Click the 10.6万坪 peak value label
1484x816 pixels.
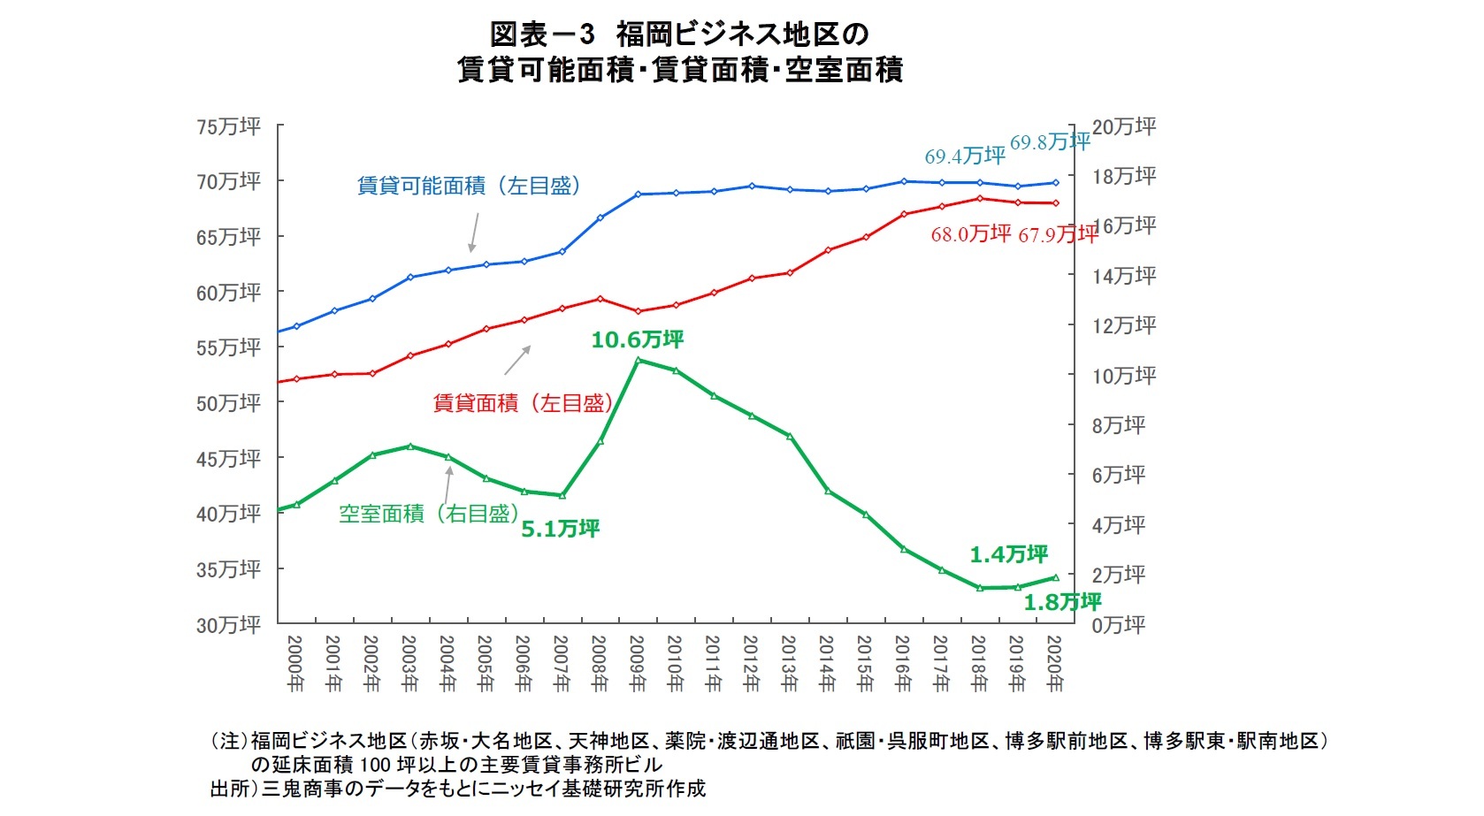(x=637, y=339)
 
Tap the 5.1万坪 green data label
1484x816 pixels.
(x=560, y=529)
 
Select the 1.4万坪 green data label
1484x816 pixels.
(x=1008, y=554)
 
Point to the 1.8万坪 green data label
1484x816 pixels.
(x=1061, y=602)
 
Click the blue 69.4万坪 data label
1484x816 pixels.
(x=965, y=156)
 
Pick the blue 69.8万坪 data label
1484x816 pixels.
(x=1050, y=142)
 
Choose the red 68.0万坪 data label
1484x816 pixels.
(x=970, y=234)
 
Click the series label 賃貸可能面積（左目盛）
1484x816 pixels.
(x=469, y=186)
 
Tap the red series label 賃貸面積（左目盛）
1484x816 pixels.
(x=523, y=404)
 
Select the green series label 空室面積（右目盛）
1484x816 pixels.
(x=428, y=514)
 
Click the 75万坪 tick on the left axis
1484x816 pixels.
(x=228, y=127)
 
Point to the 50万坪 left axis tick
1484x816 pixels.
(x=228, y=403)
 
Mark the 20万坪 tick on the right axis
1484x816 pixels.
(x=1123, y=127)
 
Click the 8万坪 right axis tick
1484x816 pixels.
(x=1118, y=426)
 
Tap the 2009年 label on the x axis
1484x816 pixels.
(x=638, y=663)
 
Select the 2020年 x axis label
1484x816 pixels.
(x=1054, y=663)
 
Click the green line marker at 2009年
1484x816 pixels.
(x=638, y=360)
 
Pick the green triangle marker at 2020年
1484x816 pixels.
(x=1055, y=577)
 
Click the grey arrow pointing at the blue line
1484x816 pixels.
(x=474, y=232)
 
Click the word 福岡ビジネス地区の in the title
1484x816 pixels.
(x=742, y=34)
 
